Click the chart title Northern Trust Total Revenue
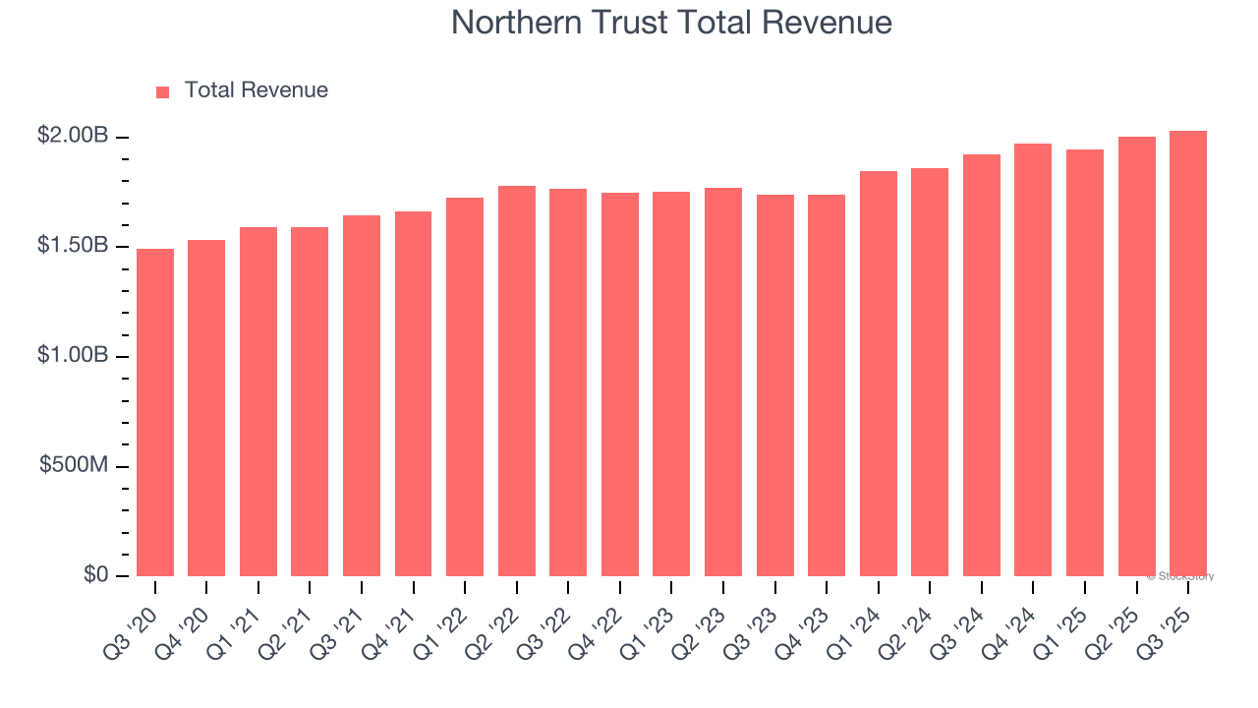tap(671, 23)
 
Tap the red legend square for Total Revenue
tap(163, 91)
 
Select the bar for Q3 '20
tap(155, 413)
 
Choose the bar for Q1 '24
tap(879, 374)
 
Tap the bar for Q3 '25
tap(1188, 354)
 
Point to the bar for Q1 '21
tap(258, 402)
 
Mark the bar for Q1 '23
tap(671, 384)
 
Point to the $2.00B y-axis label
tap(73, 136)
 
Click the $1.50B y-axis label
tap(73, 246)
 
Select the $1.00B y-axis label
tap(73, 356)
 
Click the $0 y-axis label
tap(94, 575)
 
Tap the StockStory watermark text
tap(1180, 576)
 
